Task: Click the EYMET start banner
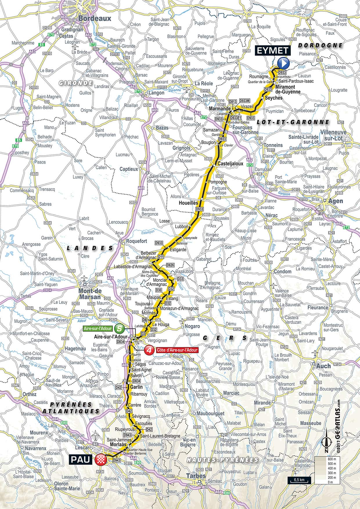pos(272,50)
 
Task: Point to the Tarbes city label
pos(197,476)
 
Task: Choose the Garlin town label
pos(136,387)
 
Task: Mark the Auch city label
pos(323,366)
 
